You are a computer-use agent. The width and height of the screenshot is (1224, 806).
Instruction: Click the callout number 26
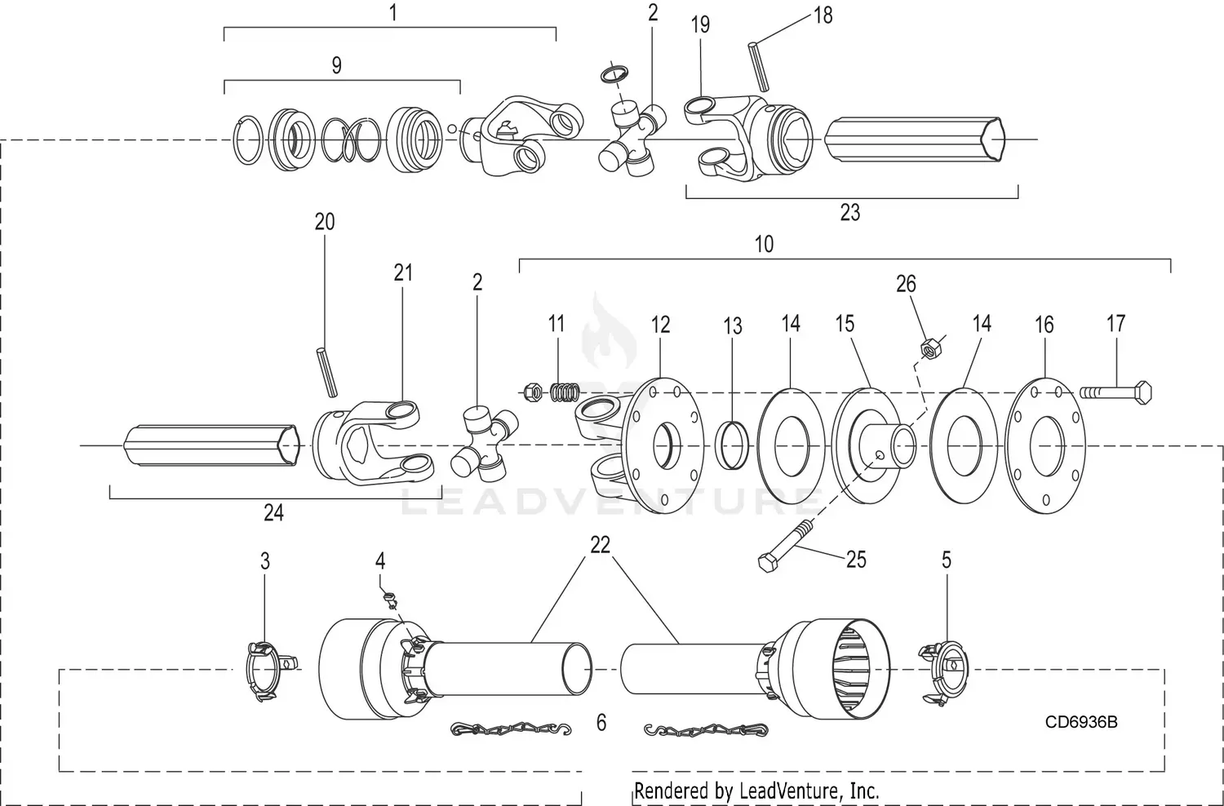(906, 284)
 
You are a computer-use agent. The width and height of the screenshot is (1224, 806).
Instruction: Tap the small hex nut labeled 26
(927, 349)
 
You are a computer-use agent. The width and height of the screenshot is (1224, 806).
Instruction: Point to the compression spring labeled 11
(562, 392)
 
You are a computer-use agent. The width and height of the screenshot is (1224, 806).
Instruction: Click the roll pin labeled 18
(758, 66)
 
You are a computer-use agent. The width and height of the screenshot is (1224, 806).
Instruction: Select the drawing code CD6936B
(1081, 722)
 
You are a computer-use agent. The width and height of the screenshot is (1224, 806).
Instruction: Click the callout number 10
(764, 244)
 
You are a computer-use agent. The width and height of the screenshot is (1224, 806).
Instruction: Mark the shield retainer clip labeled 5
(943, 672)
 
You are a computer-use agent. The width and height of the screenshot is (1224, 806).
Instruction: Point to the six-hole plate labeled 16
(1045, 445)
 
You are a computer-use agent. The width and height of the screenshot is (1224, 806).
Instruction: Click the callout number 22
(600, 545)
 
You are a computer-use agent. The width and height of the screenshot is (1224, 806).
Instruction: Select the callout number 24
(273, 513)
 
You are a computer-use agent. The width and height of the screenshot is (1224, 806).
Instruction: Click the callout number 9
(336, 66)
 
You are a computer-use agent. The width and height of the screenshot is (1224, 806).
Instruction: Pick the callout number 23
(849, 213)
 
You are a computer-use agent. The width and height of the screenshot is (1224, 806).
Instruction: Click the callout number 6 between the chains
(601, 723)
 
